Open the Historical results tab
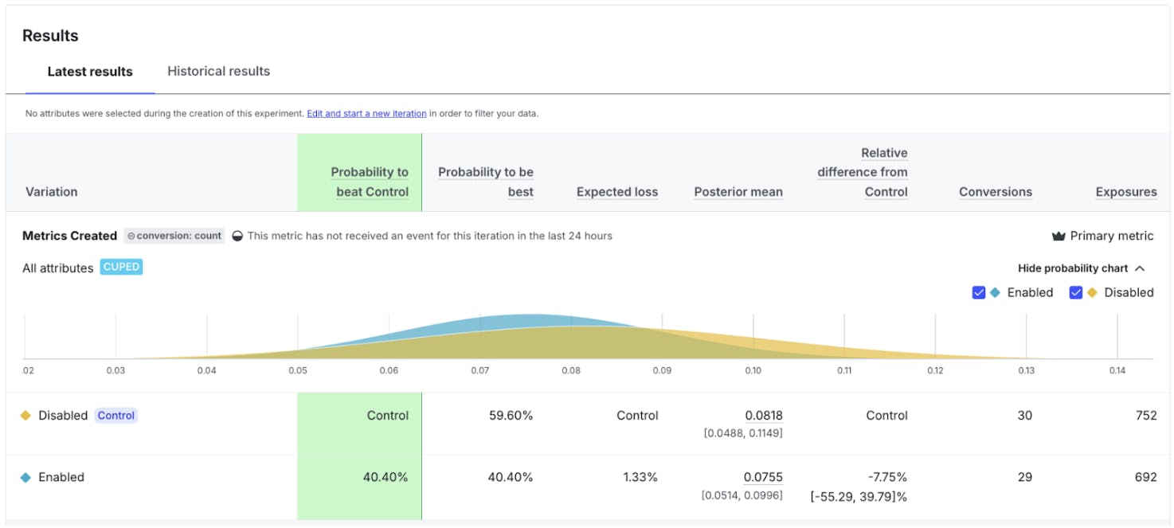[218, 72]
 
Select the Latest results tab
[90, 72]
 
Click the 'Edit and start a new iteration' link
[366, 114]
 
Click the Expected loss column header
[617, 192]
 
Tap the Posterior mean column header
[738, 192]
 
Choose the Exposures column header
[1125, 192]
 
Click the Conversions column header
[995, 192]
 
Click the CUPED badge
[121, 268]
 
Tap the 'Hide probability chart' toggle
[1081, 268]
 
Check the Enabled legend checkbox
[979, 292]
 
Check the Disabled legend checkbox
[1076, 292]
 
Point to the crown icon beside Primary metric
[1059, 237]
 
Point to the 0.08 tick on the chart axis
[570, 370]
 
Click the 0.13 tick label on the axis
[1026, 370]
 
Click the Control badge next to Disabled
[116, 416]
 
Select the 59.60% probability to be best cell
[511, 416]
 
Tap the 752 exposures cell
[1146, 416]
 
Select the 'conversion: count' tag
[174, 237]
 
